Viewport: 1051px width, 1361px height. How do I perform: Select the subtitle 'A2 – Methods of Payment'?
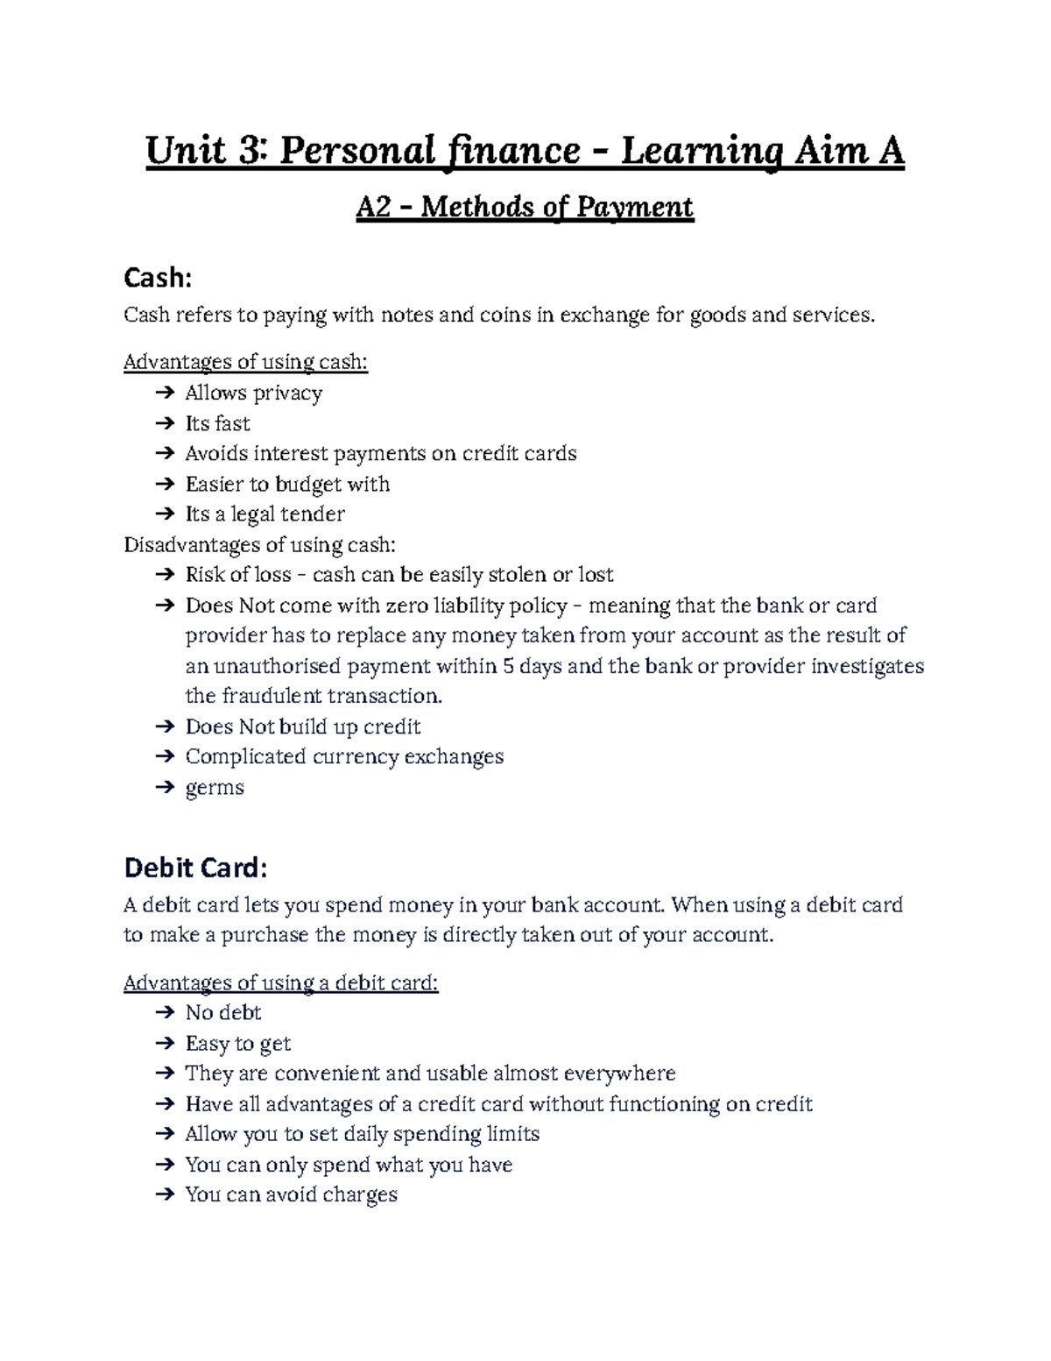point(524,208)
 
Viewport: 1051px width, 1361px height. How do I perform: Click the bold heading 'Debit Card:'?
point(194,868)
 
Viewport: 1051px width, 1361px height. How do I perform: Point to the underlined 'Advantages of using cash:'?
point(245,362)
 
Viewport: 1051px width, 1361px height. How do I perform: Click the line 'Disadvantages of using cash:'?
point(259,545)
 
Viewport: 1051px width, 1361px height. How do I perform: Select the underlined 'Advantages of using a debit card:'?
point(280,982)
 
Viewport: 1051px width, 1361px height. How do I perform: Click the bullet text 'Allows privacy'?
point(253,393)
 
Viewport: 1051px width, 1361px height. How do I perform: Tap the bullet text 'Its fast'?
point(217,423)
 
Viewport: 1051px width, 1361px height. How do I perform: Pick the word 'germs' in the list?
point(215,787)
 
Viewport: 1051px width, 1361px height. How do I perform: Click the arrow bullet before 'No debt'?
point(164,1013)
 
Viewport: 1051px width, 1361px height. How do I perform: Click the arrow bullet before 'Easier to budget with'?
point(164,485)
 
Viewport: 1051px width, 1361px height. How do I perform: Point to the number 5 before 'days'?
point(508,666)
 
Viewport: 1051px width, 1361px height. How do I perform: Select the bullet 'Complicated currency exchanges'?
point(344,756)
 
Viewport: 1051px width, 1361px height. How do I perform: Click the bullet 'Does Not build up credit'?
point(303,727)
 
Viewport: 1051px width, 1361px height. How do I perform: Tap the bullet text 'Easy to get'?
point(237,1043)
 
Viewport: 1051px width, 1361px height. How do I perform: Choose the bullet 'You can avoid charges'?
point(291,1194)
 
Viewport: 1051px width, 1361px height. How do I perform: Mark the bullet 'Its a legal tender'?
point(265,514)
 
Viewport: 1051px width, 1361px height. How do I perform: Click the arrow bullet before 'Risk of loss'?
point(164,575)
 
